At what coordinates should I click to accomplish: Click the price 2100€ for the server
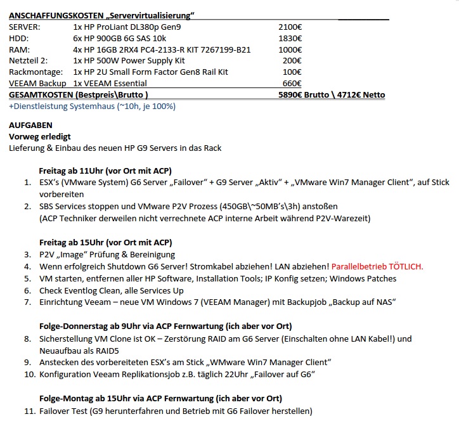290,27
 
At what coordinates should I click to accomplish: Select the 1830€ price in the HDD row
290,38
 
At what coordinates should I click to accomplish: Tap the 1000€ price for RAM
290,49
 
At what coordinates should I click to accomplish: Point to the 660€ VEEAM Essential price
292,84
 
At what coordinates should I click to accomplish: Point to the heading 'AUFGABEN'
31,125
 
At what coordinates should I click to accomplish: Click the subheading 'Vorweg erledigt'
40,136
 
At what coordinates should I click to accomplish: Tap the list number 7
27,302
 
